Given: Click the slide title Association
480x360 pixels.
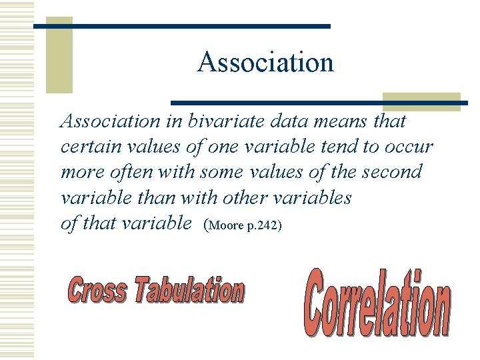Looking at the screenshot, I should [265, 63].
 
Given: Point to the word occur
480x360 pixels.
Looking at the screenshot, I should [407, 147].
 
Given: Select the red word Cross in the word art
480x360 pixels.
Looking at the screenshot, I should [97, 291].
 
